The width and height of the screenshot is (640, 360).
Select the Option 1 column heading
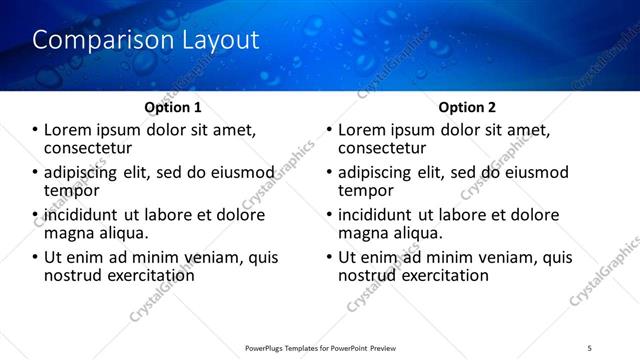pos(172,107)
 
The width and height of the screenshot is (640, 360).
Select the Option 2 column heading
pos(467,107)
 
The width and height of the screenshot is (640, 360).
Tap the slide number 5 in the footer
pos(591,348)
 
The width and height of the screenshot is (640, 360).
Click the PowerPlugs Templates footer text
pos(320,348)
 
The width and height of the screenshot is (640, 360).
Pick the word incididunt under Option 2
pos(376,215)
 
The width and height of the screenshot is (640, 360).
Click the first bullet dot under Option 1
pos(36,131)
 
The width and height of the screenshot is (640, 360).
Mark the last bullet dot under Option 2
pos(330,258)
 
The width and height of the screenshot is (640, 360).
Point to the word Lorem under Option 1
pos(68,130)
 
